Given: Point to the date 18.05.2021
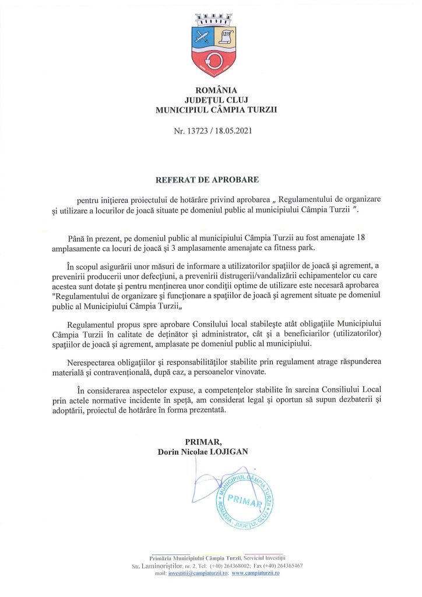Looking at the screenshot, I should click(x=234, y=132).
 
